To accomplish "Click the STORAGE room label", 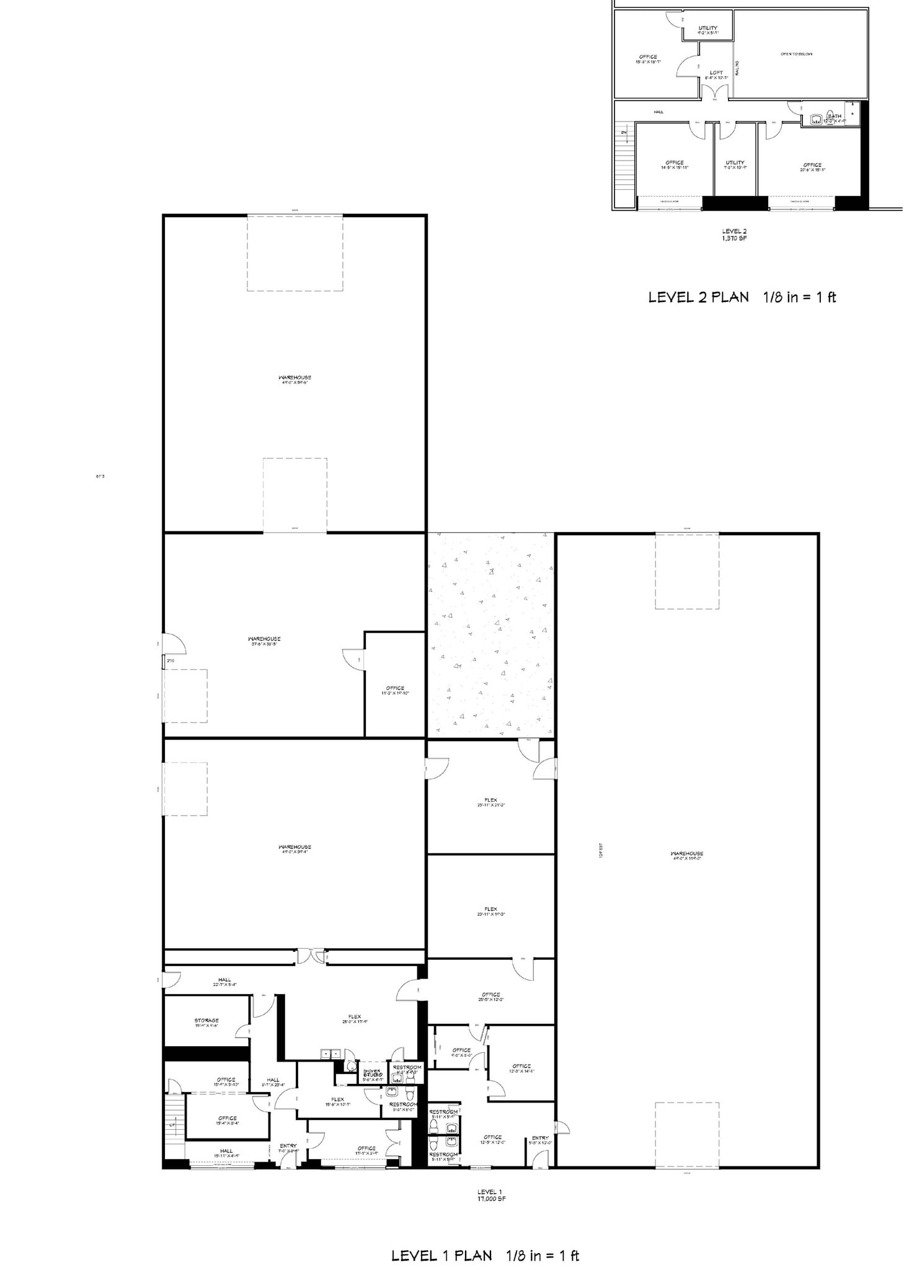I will [x=206, y=1020].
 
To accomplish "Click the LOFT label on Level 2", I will [x=716, y=73].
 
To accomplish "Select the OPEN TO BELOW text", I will [x=796, y=54].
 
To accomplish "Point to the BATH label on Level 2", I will [x=835, y=116].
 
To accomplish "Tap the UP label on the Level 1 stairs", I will [x=172, y=1124].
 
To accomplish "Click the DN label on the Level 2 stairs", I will [x=624, y=132].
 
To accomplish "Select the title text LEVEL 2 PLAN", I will [x=698, y=297].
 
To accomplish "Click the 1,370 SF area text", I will [x=734, y=238].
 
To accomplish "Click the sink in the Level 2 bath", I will [x=816, y=118].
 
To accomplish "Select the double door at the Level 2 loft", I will [x=715, y=92].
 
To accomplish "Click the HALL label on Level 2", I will [x=658, y=112].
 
